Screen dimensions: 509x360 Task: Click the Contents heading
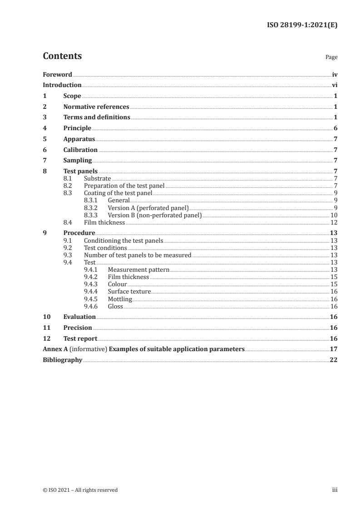[x=62, y=56]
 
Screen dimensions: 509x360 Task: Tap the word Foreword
[x=57, y=74]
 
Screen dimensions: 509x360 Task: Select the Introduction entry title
[x=62, y=85]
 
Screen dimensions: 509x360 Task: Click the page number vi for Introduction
[x=334, y=85]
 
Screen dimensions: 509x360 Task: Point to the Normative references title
[x=96, y=107]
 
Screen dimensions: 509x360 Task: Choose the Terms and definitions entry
[x=97, y=117]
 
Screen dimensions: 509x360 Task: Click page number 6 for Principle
[x=335, y=128]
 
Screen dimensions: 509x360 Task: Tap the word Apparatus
[x=79, y=139]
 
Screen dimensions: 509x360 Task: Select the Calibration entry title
[x=80, y=150]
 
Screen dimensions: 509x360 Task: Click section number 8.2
[x=68, y=186]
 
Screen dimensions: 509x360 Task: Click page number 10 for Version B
[x=334, y=215]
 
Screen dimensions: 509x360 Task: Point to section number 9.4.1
[x=91, y=269]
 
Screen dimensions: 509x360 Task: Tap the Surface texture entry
[x=129, y=291]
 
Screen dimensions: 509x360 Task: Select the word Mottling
[x=120, y=299]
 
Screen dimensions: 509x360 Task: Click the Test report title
[x=80, y=338]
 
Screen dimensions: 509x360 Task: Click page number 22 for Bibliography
[x=334, y=360]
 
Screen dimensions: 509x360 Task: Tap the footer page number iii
[x=334, y=490]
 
